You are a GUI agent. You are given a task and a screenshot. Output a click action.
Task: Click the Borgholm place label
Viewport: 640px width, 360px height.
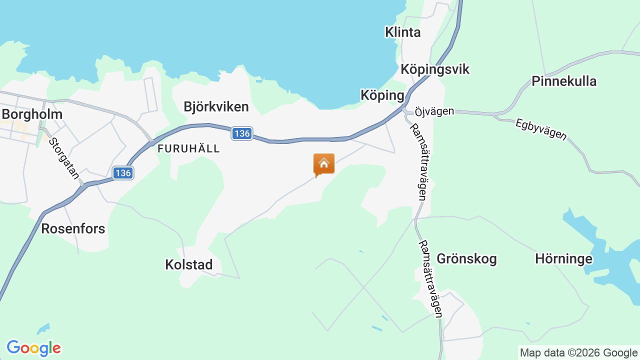pos(32,114)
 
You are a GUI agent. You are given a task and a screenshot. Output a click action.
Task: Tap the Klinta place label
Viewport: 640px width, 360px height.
pos(402,32)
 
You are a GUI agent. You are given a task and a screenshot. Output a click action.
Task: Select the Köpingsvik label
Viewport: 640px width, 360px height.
pos(435,69)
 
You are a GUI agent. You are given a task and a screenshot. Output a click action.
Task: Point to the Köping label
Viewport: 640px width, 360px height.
pos(382,95)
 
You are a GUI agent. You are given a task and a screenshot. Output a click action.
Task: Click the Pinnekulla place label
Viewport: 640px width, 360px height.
pos(564,81)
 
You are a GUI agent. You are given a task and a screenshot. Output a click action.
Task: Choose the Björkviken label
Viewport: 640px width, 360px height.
pos(216,106)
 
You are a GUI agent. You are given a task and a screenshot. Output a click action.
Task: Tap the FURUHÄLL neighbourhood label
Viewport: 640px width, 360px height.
pos(188,148)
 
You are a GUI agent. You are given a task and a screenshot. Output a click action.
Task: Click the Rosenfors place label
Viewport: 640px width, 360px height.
pos(73,228)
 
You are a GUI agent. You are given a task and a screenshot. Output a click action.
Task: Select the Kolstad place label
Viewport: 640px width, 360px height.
pos(188,264)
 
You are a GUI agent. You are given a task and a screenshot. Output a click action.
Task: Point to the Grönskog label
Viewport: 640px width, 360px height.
pos(466,258)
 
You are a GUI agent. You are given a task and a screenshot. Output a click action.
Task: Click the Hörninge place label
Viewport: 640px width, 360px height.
pos(563,258)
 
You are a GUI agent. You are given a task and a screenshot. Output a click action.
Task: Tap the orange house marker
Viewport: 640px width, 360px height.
pos(323,164)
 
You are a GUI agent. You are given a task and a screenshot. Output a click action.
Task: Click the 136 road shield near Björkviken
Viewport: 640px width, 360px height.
pos(242,133)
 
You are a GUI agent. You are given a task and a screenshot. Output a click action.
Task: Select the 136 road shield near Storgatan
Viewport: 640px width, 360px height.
pos(122,173)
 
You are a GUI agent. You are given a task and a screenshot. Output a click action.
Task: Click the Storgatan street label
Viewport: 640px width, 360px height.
pos(64,155)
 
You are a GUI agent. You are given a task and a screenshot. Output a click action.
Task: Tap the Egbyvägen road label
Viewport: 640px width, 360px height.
pos(541,128)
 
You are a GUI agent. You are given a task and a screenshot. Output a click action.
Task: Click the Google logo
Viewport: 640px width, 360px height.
pos(33,348)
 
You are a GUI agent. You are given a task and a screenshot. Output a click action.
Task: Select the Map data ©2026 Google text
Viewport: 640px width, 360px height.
pos(578,352)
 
